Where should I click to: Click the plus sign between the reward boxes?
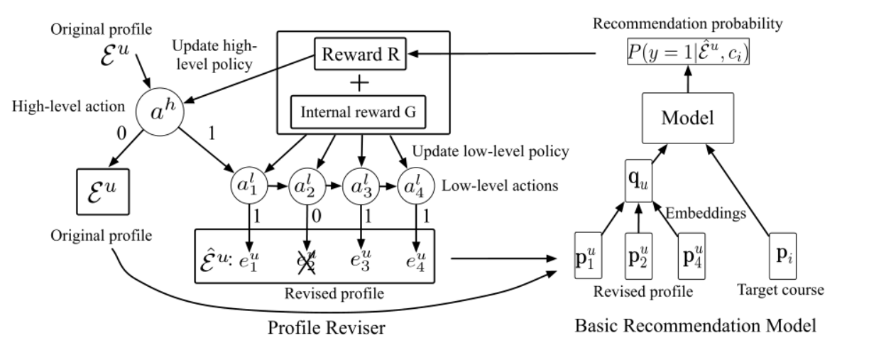point(361,84)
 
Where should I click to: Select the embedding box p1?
point(589,254)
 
